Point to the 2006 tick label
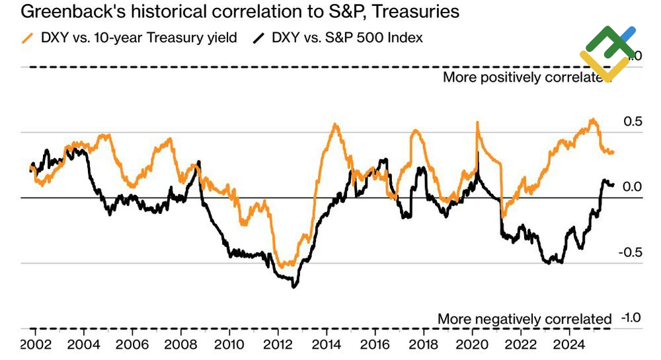point(132,345)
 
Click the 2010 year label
point(229,345)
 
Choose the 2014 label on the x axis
point(326,345)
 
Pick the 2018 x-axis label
point(423,345)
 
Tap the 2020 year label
point(471,345)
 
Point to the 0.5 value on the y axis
point(633,122)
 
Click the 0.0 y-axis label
point(633,187)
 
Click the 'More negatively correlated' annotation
point(525,319)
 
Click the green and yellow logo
point(607,53)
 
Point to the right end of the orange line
point(613,153)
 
